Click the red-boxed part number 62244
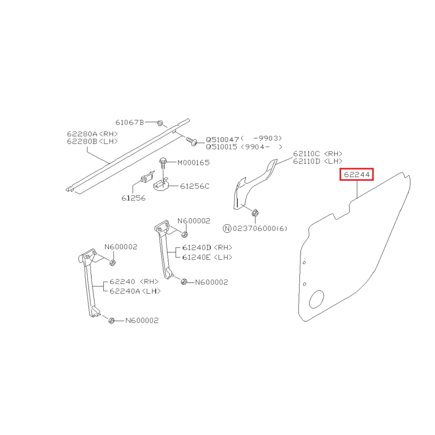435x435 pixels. point(357,174)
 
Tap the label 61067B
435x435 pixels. point(129,122)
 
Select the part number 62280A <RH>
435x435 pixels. point(93,134)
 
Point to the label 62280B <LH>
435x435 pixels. point(93,141)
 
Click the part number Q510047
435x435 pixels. point(222,140)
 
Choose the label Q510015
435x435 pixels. point(221,147)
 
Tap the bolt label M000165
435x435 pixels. point(193,163)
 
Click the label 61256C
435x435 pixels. point(195,186)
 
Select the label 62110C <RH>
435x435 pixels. point(318,154)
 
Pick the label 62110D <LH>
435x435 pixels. point(318,161)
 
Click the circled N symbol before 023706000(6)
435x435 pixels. point(227,228)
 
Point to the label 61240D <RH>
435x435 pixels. point(207,248)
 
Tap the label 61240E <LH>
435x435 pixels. point(207,257)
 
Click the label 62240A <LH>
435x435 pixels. point(135,291)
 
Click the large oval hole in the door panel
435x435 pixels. point(316,300)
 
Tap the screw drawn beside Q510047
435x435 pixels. point(191,141)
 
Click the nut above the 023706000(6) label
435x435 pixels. point(255,213)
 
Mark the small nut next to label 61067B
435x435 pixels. point(160,123)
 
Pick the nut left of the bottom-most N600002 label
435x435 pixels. point(111,321)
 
